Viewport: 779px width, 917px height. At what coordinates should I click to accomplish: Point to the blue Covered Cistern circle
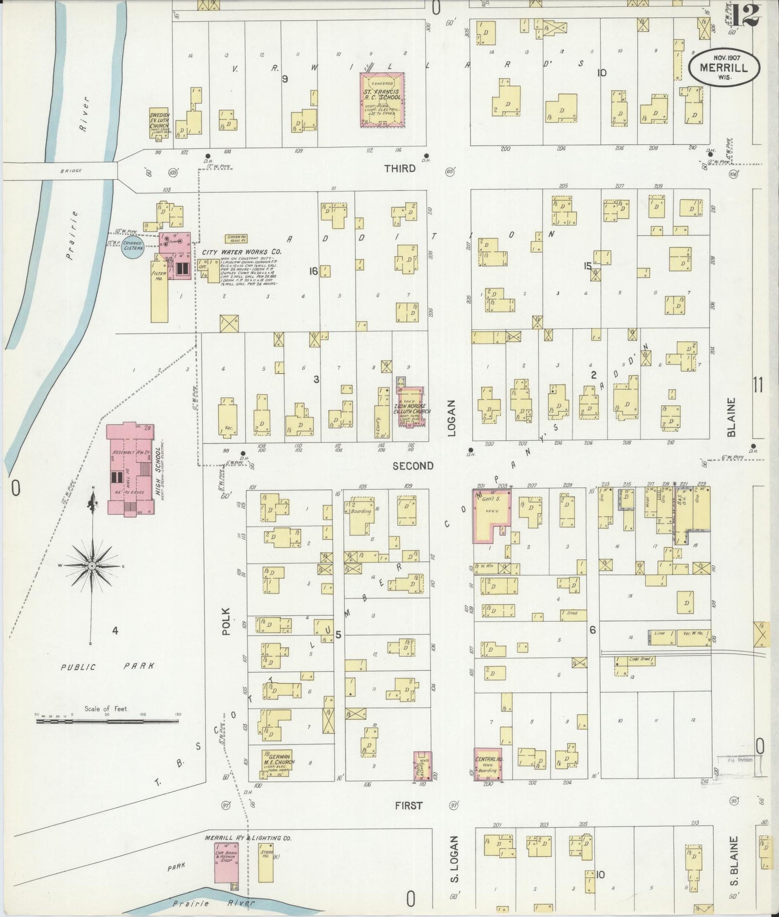133,246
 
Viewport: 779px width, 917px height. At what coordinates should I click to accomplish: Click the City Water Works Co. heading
242,252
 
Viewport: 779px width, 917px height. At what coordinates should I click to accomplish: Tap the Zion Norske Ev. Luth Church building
412,407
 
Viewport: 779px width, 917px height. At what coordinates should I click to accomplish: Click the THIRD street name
399,169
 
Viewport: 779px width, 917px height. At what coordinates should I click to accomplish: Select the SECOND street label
412,466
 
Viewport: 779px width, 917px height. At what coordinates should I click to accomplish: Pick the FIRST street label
409,805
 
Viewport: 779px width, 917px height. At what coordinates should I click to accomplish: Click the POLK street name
226,621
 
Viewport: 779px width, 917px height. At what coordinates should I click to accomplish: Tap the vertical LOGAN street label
451,418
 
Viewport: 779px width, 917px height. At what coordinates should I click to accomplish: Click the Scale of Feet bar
108,720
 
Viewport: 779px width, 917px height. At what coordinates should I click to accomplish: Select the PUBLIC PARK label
107,666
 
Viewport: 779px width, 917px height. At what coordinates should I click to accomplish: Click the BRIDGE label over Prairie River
71,171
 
